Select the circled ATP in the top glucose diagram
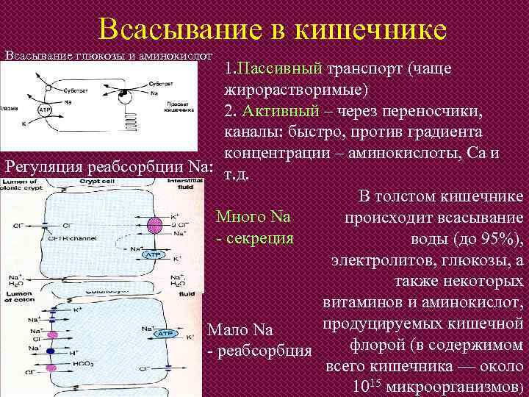(44, 110)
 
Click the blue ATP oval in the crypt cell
(154, 254)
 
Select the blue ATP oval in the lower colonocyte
(161, 333)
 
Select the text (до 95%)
(486, 239)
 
